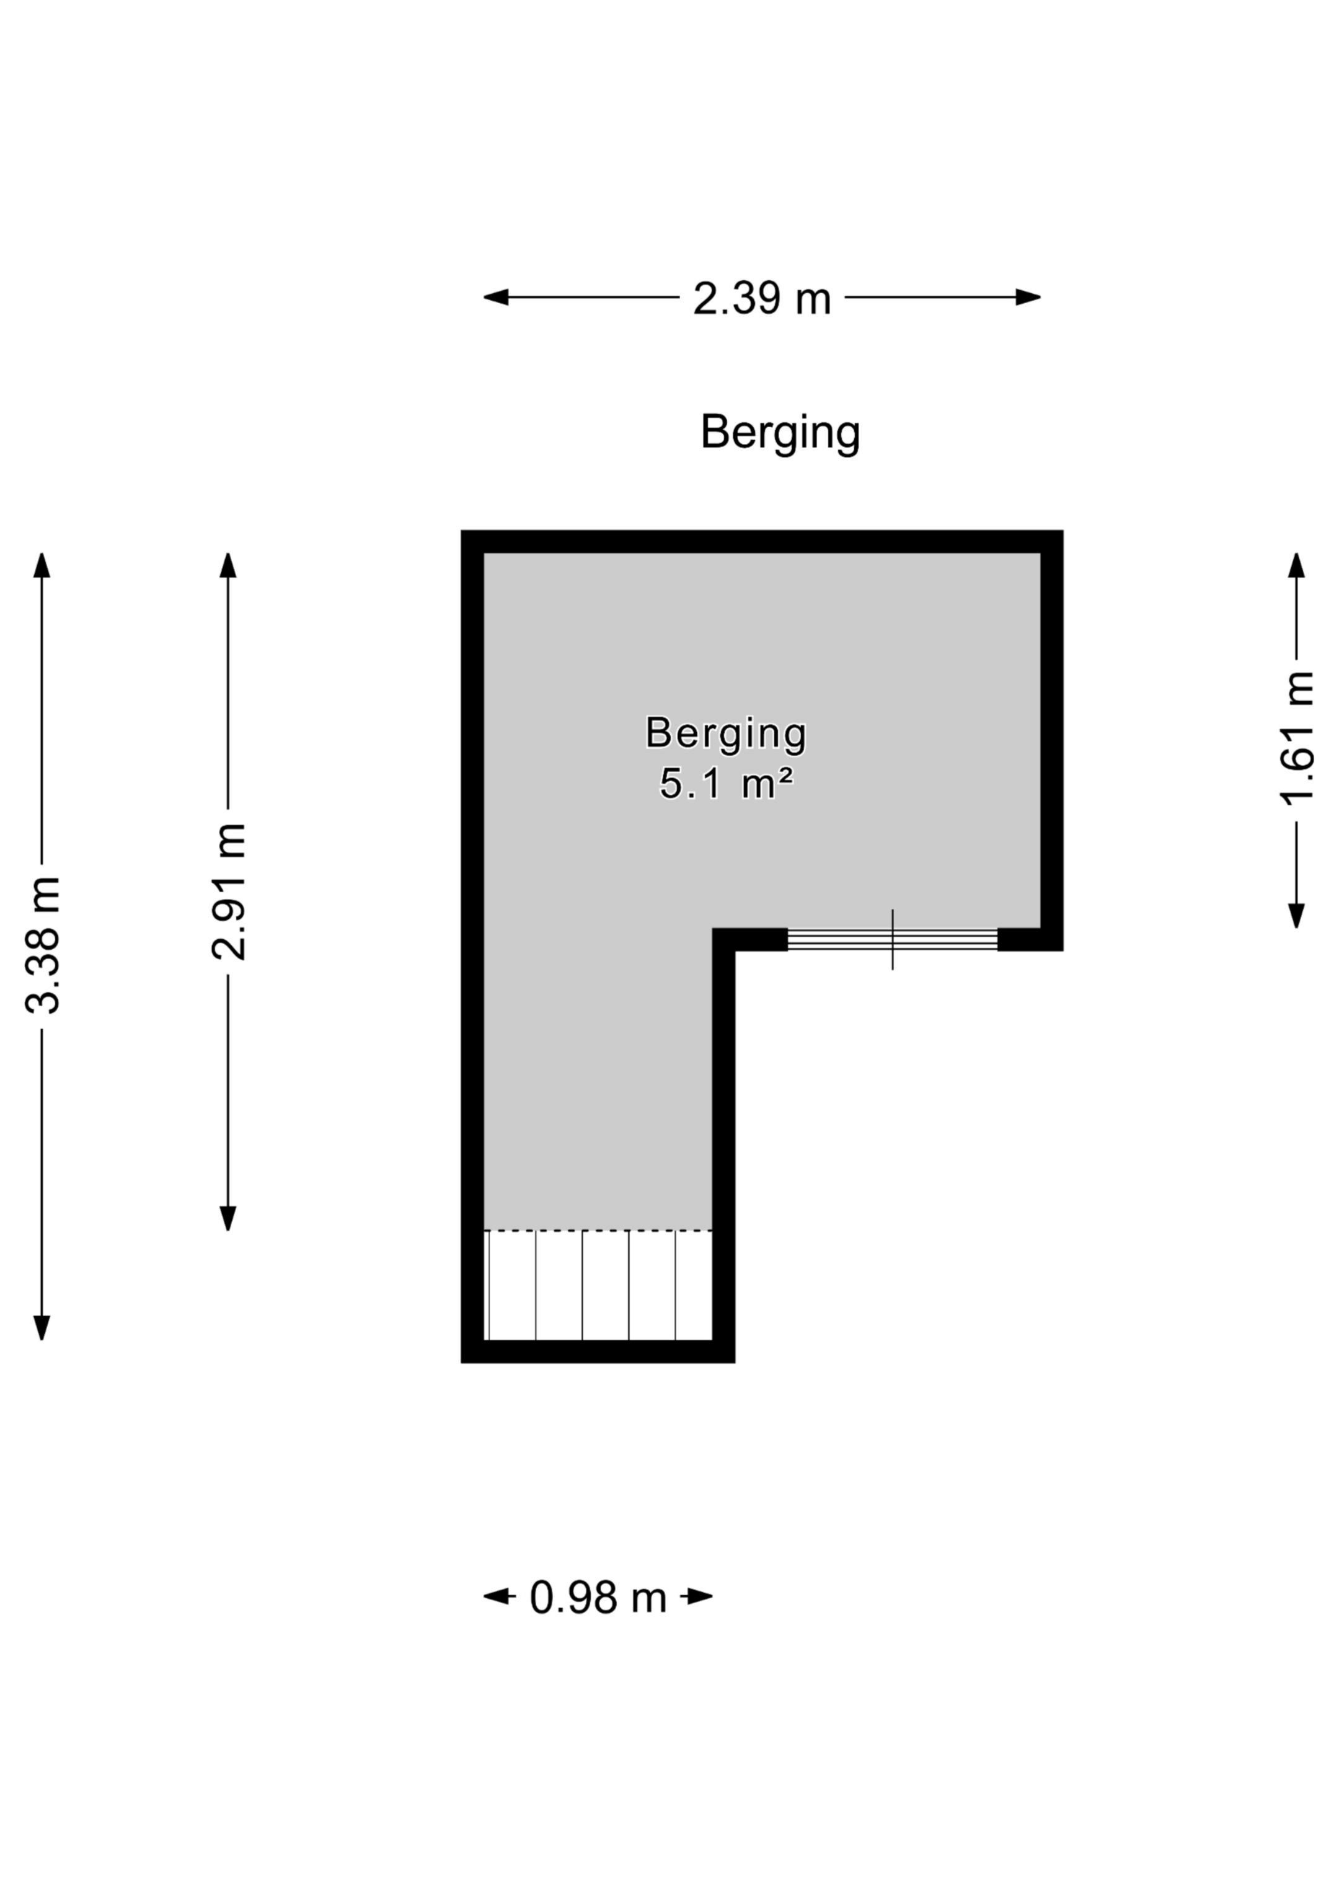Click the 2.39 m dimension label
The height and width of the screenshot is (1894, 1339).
761,299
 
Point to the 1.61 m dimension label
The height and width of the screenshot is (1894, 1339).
1297,738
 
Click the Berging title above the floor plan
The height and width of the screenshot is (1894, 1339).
780,432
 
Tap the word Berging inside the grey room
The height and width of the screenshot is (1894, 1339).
726,733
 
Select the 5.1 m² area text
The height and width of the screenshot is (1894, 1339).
726,784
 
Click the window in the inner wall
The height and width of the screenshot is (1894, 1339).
893,940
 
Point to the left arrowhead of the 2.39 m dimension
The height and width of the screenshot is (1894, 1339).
496,297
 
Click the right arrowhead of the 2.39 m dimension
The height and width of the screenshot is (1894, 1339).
1028,297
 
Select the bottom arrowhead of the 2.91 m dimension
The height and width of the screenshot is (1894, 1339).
229,1219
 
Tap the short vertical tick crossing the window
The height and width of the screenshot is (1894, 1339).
893,940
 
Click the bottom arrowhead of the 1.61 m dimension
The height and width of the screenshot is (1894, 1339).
1297,916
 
